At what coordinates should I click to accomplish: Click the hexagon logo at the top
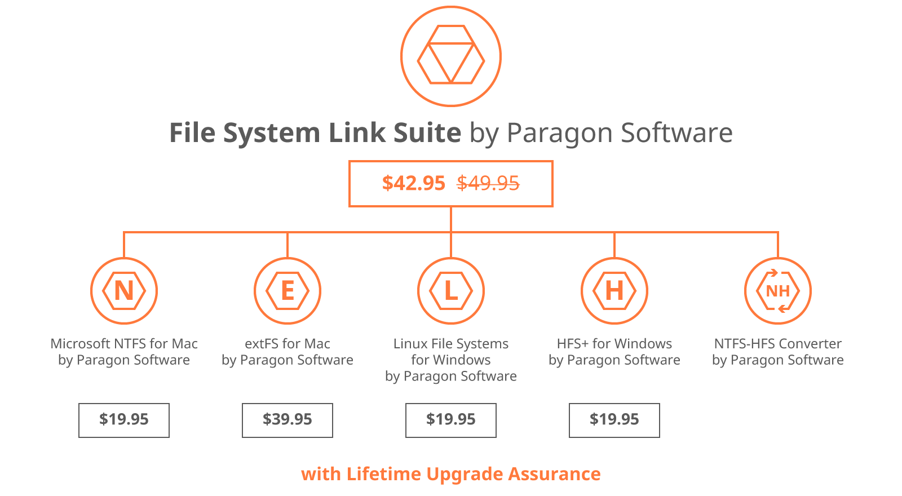point(450,57)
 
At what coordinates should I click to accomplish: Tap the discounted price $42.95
point(414,184)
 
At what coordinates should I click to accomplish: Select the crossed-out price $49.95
point(488,184)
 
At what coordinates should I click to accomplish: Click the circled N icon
point(124,291)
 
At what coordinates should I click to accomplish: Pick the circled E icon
point(288,291)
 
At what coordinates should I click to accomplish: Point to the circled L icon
point(450,291)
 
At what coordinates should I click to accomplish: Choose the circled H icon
point(614,291)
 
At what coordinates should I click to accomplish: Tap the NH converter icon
point(777,291)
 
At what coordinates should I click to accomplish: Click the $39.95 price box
point(288,420)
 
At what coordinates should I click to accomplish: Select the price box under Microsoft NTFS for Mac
point(124,420)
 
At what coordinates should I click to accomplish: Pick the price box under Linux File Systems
point(451,420)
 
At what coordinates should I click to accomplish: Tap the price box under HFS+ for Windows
point(614,420)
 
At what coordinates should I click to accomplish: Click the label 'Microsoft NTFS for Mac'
point(124,344)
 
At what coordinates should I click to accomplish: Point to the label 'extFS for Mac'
point(288,344)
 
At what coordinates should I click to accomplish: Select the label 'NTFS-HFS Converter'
point(777,344)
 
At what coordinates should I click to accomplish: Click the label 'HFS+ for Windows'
point(614,344)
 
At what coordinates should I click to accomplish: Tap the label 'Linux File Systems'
point(450,344)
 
